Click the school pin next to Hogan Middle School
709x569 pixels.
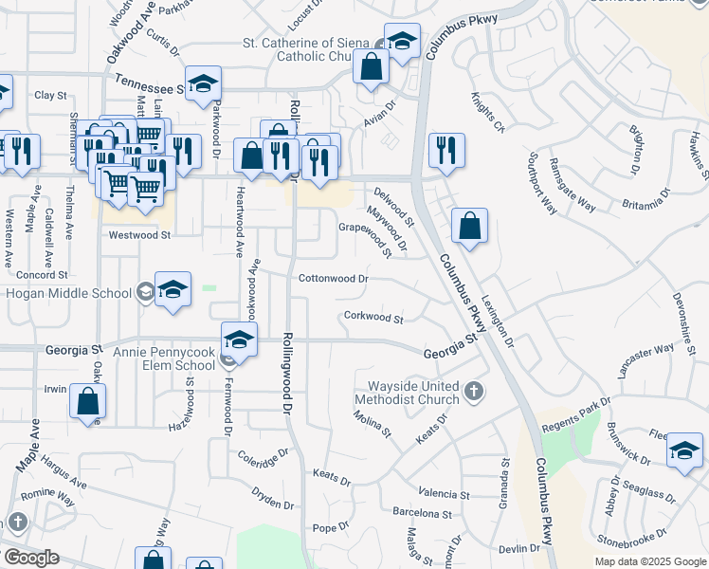[x=173, y=290]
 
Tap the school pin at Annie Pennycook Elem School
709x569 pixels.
[x=240, y=340]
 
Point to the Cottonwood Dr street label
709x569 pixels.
[x=333, y=280]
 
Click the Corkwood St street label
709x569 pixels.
[x=373, y=318]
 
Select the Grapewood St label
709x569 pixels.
[x=366, y=234]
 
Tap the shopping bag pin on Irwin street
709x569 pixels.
[x=87, y=400]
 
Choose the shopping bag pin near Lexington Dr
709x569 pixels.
[x=469, y=226]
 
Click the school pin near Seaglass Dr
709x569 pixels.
[x=684, y=450]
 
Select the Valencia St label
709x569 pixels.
[x=444, y=494]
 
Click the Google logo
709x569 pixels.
[x=31, y=558]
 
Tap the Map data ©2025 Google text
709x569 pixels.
[x=649, y=561]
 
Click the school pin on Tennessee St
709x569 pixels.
[x=203, y=83]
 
